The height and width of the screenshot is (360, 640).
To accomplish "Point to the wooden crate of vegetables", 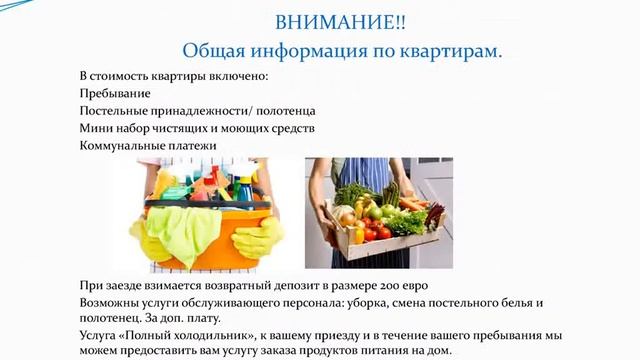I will [x=380, y=245].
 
